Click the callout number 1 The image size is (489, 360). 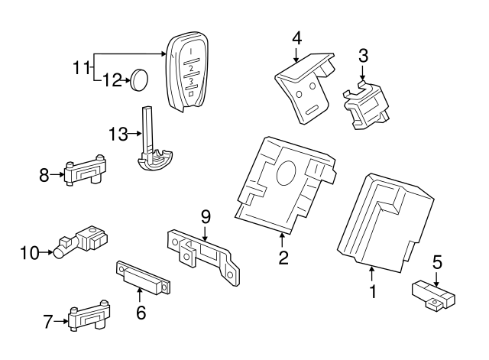click(x=372, y=291)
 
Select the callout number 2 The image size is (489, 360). click(x=283, y=258)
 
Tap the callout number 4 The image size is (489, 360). click(x=296, y=37)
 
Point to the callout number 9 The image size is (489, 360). click(x=206, y=216)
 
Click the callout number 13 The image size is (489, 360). click(x=117, y=135)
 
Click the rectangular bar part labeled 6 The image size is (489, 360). click(x=142, y=277)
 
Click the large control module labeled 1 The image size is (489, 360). click(x=378, y=222)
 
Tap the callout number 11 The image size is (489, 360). click(x=82, y=68)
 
